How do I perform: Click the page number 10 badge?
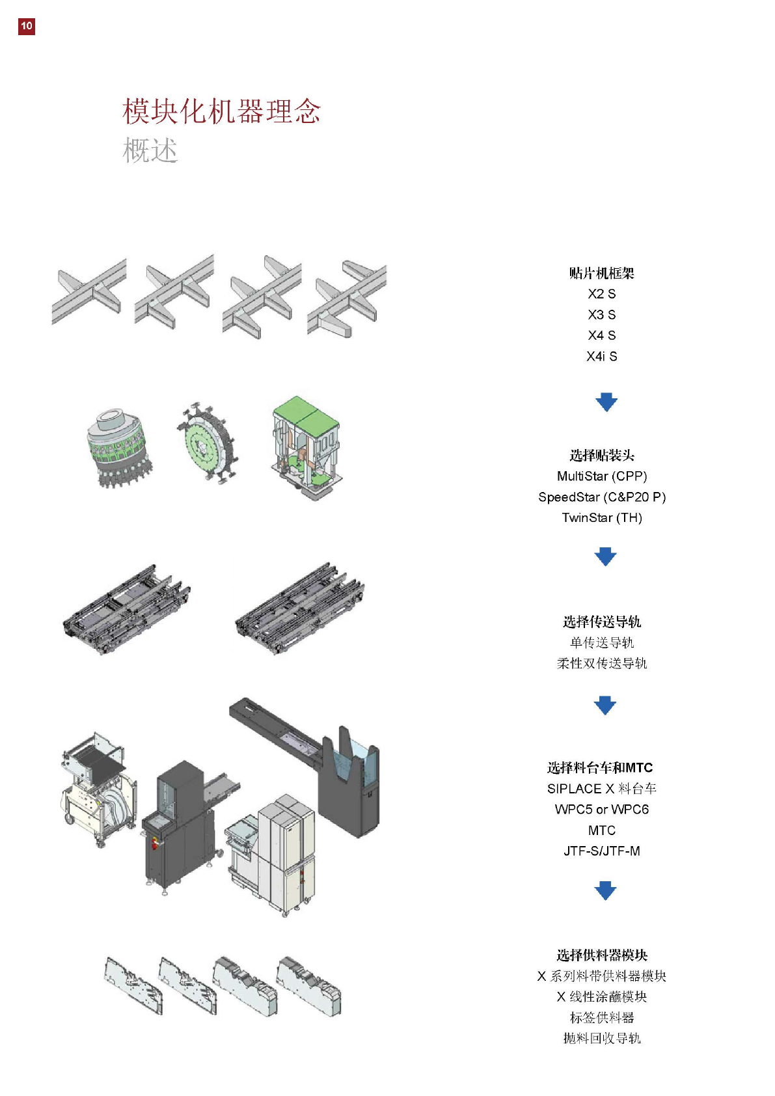(x=26, y=26)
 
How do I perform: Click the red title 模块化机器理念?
(x=221, y=111)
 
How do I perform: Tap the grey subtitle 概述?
(x=150, y=151)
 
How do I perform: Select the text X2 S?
(x=601, y=294)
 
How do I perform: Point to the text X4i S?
(x=601, y=357)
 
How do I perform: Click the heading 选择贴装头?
(x=601, y=456)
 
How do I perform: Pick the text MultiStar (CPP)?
(x=601, y=476)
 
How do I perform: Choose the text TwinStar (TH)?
(x=601, y=518)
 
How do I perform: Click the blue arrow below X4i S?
(x=606, y=402)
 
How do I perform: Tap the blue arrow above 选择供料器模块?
(x=605, y=890)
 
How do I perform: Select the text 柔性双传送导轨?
(x=601, y=664)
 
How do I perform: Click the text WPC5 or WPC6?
(x=601, y=810)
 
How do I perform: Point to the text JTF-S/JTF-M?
(x=601, y=851)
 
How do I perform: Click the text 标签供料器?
(x=601, y=1018)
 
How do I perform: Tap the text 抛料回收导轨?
(x=601, y=1039)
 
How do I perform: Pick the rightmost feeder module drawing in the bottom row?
(x=308, y=986)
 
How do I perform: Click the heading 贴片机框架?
(x=601, y=273)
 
